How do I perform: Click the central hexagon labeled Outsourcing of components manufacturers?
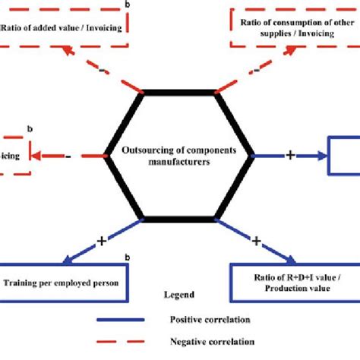180,156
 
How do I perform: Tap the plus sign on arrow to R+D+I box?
256,241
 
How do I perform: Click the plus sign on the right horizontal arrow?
289,155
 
